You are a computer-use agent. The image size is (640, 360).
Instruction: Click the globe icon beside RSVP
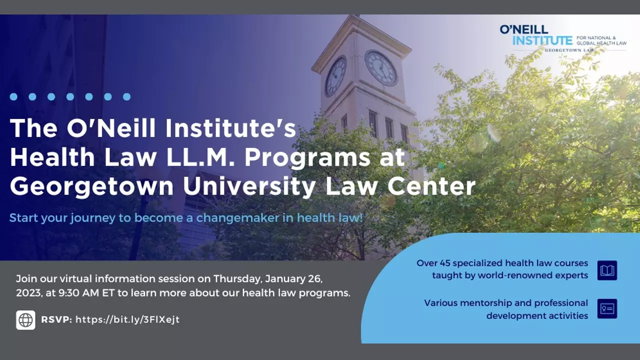pos(25,320)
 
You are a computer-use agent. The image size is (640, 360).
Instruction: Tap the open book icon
pos(607,270)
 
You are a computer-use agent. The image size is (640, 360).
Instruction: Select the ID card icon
pos(607,309)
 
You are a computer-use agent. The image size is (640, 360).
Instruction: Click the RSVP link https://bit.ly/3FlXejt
pos(127,319)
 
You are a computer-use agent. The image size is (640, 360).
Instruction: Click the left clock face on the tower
pos(335,76)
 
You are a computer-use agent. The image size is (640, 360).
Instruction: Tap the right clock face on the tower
pos(381,68)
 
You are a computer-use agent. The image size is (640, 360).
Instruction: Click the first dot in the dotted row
pos(13,97)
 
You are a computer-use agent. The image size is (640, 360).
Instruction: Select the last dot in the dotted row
pos(127,97)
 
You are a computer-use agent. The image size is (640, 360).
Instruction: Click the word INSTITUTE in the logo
pos(542,40)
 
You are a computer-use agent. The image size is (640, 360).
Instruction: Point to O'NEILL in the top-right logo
pos(524,29)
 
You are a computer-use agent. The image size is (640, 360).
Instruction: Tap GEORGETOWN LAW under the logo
pos(569,50)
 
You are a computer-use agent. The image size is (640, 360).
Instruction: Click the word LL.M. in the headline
pos(201,157)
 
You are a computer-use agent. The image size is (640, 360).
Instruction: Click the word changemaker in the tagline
pos(237,217)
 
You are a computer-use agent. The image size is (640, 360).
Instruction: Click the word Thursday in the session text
pos(237,279)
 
